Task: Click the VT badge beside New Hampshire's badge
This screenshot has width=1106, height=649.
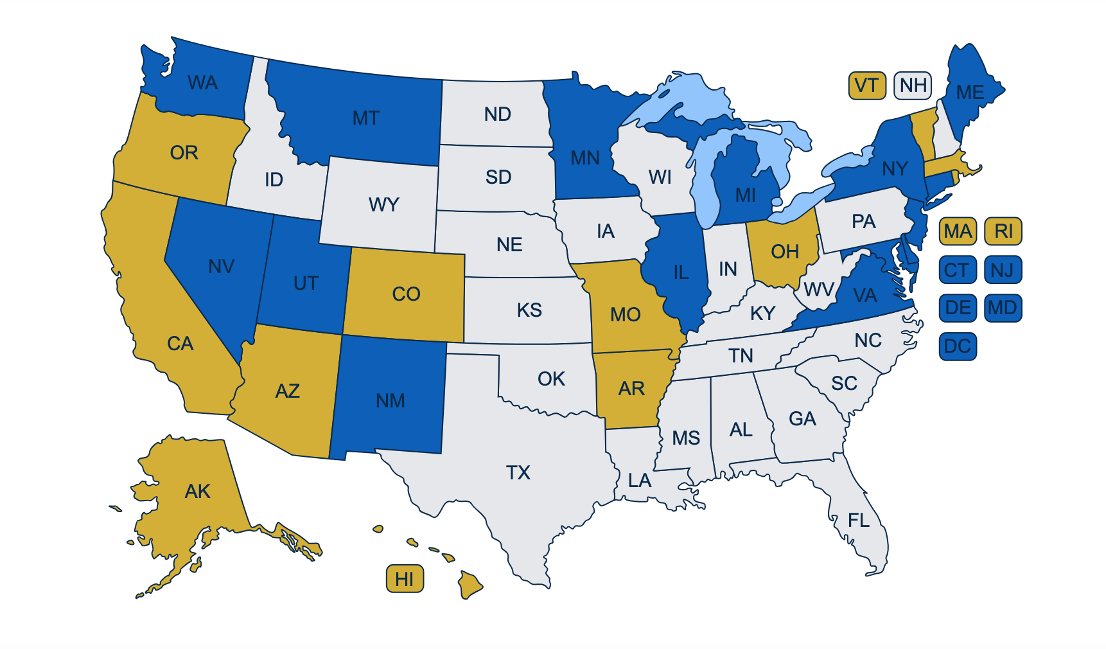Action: point(866,85)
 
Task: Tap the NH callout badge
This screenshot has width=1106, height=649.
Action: point(913,85)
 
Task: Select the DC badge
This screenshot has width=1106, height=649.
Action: point(957,346)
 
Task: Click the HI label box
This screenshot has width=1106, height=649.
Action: point(405,579)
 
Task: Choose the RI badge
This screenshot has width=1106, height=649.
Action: point(1003,231)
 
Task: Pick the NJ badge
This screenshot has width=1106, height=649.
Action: point(1003,270)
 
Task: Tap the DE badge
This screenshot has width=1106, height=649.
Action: point(957,308)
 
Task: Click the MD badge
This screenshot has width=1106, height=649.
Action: point(1003,308)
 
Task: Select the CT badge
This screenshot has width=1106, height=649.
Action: point(957,270)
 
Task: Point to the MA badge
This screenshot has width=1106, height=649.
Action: point(957,231)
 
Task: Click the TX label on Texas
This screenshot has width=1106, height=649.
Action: point(518,473)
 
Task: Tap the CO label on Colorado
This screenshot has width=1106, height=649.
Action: point(406,294)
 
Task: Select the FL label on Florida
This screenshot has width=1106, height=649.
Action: point(859,520)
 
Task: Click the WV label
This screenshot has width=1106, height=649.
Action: point(819,290)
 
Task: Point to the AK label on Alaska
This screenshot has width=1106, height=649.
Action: point(197,492)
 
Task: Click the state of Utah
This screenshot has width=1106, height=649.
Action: point(305,283)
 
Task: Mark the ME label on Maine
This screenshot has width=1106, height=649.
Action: point(970,93)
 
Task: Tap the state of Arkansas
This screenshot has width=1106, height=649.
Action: point(631,389)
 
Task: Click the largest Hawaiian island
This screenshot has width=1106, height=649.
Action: point(470,585)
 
